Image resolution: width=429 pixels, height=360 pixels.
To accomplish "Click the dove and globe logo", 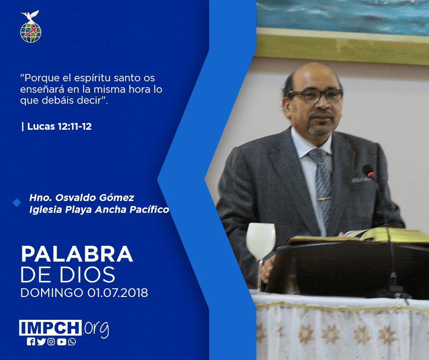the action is (31, 26).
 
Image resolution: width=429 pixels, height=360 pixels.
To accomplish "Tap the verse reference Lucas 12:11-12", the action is (59, 126).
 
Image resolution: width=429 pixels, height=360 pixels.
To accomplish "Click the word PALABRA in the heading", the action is (77, 254).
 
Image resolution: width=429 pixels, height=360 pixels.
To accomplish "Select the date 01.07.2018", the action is (118, 292).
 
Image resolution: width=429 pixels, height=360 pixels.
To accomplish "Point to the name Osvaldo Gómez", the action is (95, 197).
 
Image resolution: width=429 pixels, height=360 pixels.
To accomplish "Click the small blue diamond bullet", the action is (17, 203).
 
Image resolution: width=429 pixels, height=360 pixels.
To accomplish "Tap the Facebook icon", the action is (31, 342).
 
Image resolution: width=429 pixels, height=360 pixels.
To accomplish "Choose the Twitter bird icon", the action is (42, 342).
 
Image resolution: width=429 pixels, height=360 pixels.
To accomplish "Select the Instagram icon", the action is (51, 342).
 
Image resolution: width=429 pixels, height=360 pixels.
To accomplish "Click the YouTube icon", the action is (62, 342).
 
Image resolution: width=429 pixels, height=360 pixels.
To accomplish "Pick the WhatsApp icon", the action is (72, 342).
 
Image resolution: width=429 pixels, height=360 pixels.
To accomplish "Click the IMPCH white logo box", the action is (50, 328).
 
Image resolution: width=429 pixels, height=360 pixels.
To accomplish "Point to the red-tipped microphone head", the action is (369, 171).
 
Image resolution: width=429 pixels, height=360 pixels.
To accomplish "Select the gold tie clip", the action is (324, 199).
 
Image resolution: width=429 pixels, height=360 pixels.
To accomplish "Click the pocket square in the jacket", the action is (361, 180).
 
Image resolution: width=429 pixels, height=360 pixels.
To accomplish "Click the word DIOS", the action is (88, 275).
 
